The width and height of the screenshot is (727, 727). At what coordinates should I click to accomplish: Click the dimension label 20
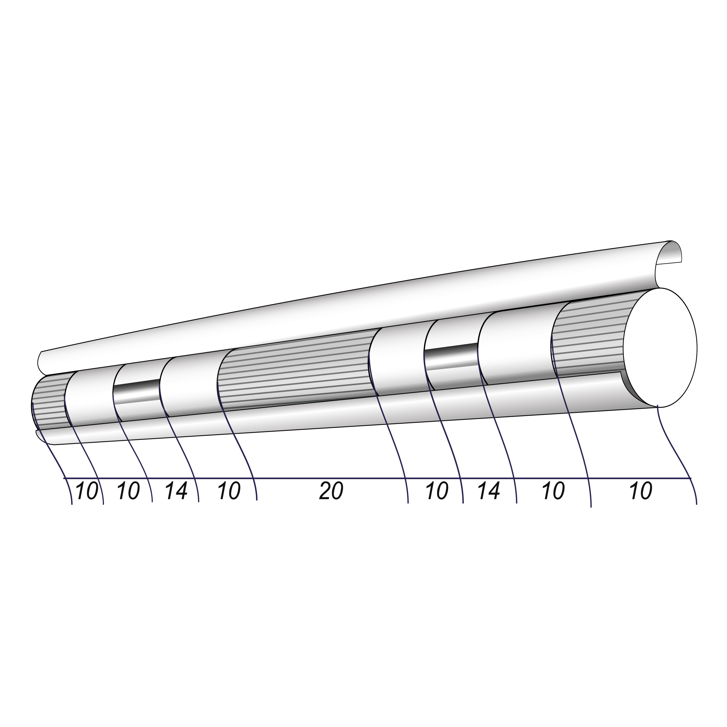tap(331, 491)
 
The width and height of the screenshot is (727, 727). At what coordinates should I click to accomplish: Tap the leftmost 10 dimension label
tap(87, 491)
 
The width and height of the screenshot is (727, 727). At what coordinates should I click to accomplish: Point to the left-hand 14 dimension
tap(176, 491)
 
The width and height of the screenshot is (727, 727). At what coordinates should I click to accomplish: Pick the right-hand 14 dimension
tap(489, 491)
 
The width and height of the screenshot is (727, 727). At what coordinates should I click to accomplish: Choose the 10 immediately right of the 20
tap(437, 491)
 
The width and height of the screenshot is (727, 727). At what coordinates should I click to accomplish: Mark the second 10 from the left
tap(128, 491)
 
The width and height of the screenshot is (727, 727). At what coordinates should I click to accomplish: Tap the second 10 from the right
tap(553, 491)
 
